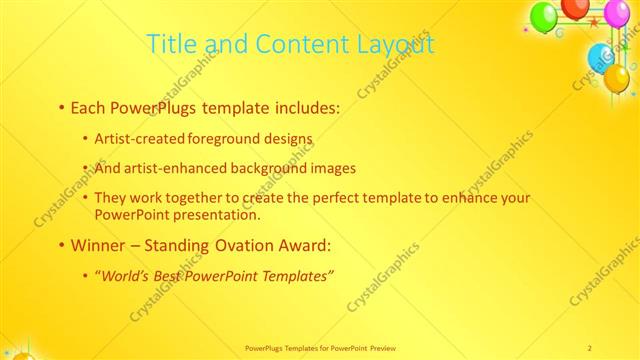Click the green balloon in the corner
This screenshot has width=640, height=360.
pos(543,16)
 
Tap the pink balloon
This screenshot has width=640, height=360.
pos(616,13)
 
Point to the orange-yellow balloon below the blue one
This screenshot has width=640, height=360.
pos(617,78)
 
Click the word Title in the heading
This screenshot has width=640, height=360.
pos(169,44)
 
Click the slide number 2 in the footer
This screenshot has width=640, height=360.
pos(589,347)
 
